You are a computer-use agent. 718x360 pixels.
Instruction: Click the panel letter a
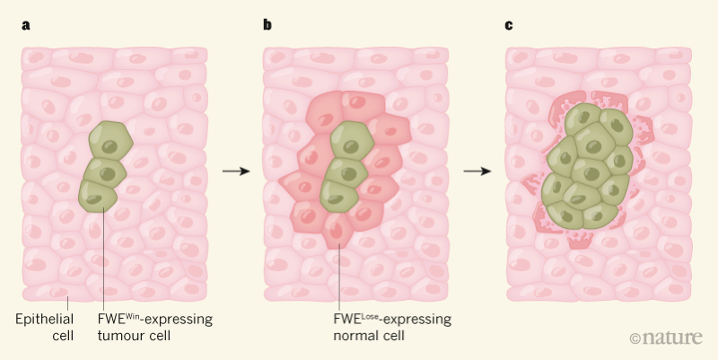coord(25,24)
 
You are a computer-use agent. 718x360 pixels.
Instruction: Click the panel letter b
coord(267,24)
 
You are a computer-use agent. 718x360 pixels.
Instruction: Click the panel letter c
coord(509,24)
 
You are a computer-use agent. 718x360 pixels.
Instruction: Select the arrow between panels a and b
coord(235,170)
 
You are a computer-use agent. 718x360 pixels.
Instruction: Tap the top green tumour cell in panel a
coord(110,143)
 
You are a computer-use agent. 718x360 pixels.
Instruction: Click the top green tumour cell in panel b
coord(353,143)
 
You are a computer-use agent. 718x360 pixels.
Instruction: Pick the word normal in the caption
coord(354,337)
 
